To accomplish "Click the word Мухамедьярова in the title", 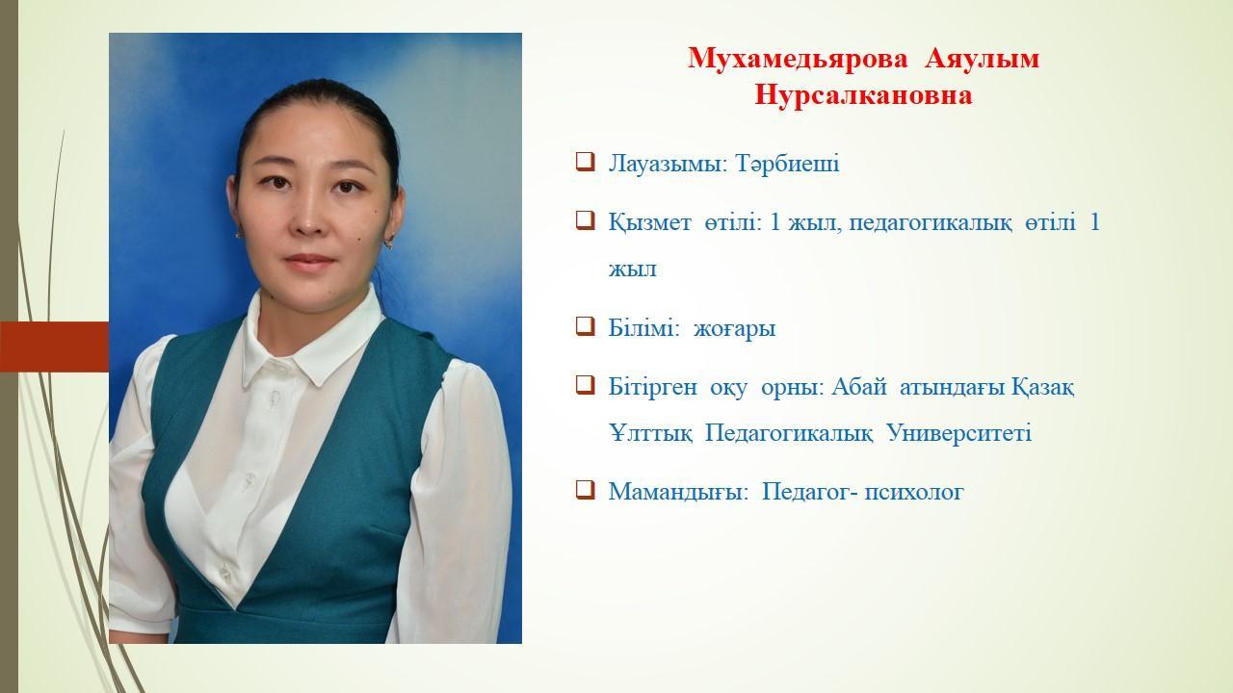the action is coord(798,59).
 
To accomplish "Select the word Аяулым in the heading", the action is coord(982,59).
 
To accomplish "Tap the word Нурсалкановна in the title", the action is coord(863,95).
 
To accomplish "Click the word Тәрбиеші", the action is coord(787,164).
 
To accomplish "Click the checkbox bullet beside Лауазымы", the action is coord(585,163).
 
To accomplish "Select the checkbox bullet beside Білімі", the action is coord(585,326).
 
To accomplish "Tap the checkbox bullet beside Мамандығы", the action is coord(585,490).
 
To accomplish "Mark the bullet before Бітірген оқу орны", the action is coord(585,385).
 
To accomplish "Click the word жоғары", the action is coord(734,330).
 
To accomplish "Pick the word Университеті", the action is coord(959,433).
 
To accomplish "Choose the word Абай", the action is coord(858,387).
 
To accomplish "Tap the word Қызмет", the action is coord(649,222).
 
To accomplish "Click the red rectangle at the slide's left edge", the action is coord(55,347).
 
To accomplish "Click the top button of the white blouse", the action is coord(274,396).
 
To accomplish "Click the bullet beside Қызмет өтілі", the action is coord(585,221).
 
